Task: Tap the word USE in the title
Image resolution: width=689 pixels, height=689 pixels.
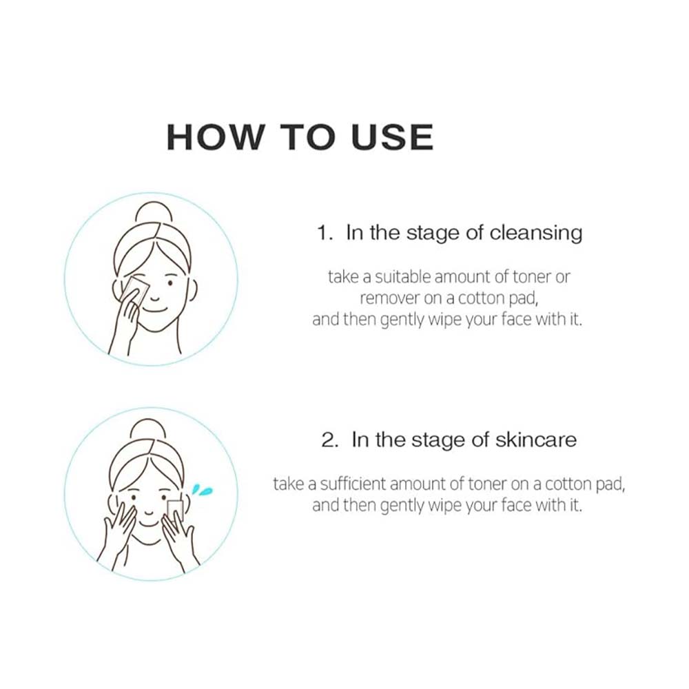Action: tap(393, 137)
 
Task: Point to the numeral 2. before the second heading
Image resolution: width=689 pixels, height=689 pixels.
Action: tap(329, 440)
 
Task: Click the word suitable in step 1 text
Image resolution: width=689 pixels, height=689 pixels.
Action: tap(403, 277)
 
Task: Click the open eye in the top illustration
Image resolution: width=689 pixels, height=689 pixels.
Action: tap(170, 283)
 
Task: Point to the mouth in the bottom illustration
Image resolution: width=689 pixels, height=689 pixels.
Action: tap(150, 513)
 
